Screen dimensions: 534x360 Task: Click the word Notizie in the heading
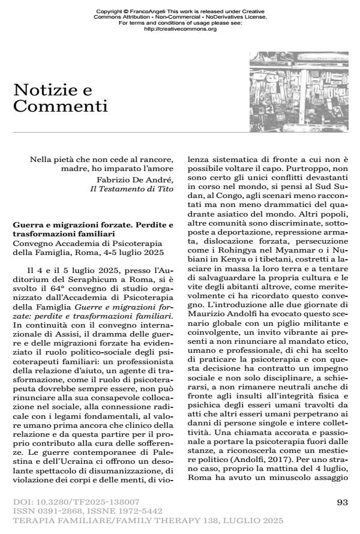45,91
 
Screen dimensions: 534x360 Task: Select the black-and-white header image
298,88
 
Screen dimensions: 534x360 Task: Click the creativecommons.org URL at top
181,29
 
